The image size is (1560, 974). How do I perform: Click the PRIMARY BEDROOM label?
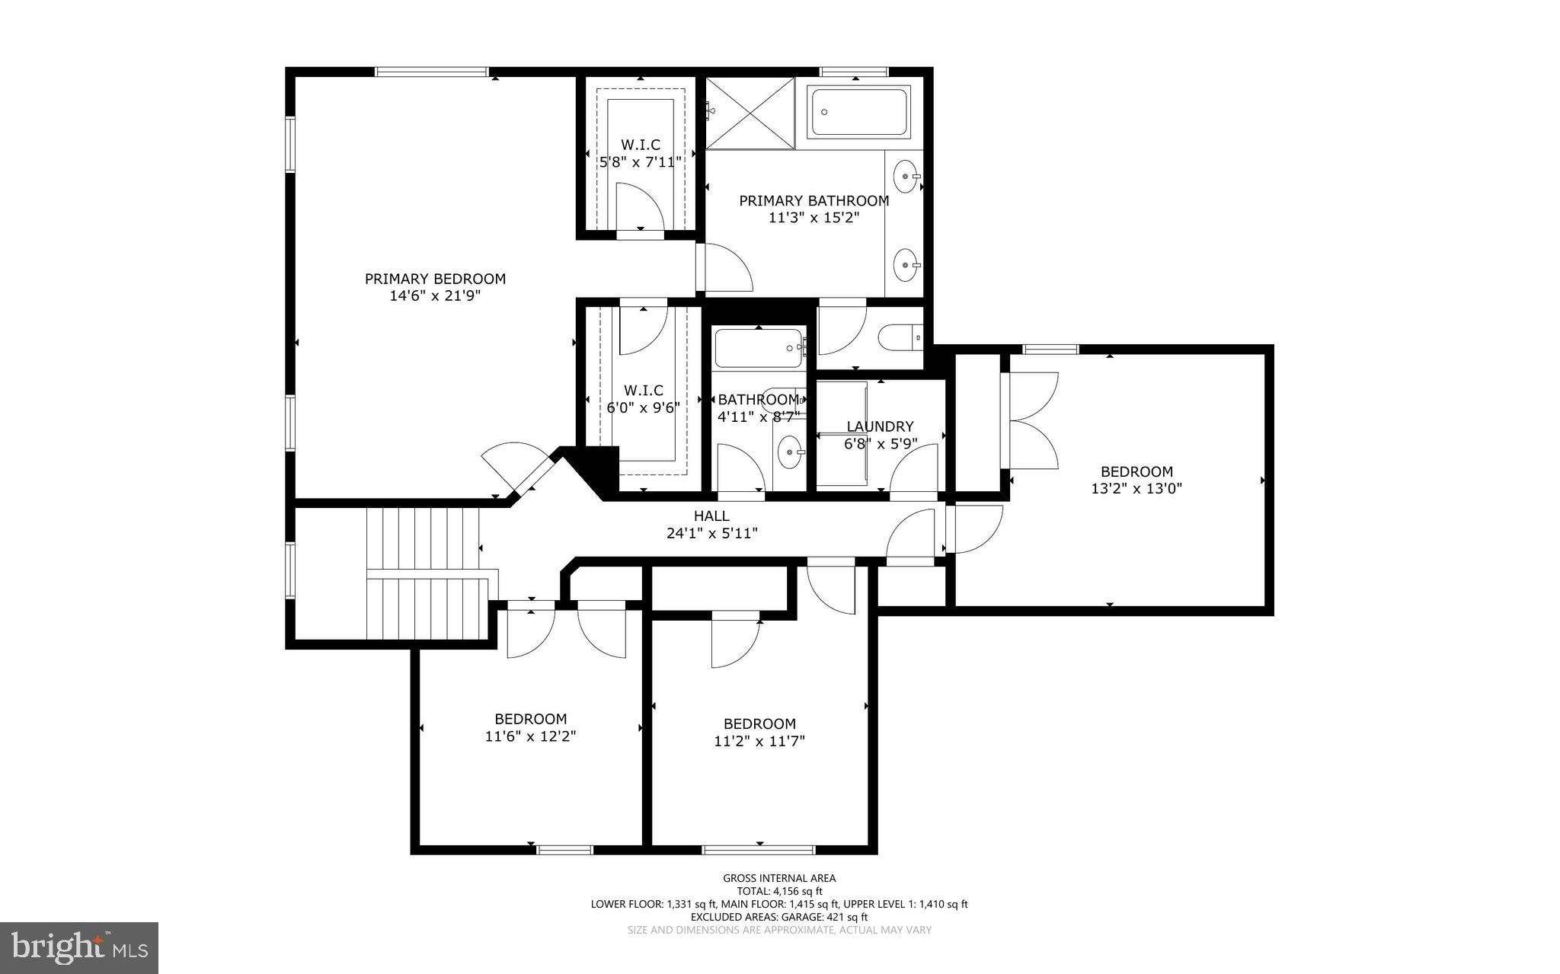(x=435, y=279)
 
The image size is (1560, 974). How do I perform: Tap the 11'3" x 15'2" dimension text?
(x=814, y=218)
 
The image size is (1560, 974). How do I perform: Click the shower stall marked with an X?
(x=750, y=113)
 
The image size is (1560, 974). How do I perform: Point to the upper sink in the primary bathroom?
(x=905, y=176)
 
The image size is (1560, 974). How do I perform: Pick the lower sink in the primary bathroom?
(x=905, y=265)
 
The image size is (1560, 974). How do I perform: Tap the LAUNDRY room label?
(x=880, y=426)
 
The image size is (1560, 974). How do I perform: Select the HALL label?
(x=711, y=516)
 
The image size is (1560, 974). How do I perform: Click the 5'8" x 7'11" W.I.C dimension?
(x=640, y=161)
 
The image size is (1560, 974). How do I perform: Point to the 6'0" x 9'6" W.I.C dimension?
(x=643, y=407)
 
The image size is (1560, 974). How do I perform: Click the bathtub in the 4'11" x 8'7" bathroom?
(x=759, y=349)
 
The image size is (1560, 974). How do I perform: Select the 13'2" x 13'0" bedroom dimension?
(x=1136, y=489)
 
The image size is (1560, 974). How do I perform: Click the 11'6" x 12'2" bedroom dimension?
(x=530, y=736)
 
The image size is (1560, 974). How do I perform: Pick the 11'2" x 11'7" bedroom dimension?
(x=759, y=741)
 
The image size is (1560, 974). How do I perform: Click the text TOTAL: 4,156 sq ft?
(x=779, y=891)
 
